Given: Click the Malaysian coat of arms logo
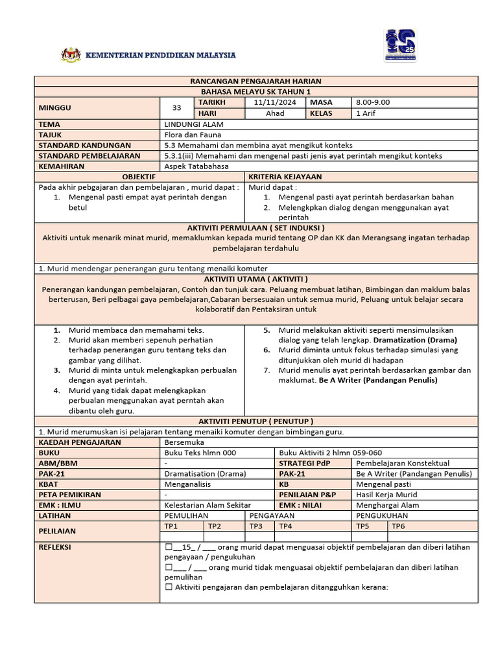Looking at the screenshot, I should pyautogui.click(x=71, y=56).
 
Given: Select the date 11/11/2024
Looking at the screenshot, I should pyautogui.click(x=275, y=102).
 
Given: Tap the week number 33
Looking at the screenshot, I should pyautogui.click(x=176, y=107).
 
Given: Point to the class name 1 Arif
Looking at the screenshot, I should pyautogui.click(x=366, y=113).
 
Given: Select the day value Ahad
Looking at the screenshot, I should pyautogui.click(x=275, y=113).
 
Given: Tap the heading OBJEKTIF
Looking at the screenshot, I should pyautogui.click(x=138, y=177).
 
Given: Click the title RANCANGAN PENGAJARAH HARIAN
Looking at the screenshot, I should pyautogui.click(x=255, y=81).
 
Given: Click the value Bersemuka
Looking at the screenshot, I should pyautogui.click(x=184, y=442).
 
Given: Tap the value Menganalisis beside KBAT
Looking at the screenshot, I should pyautogui.click(x=191, y=484).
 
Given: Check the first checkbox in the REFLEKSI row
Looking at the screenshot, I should pyautogui.click(x=169, y=547).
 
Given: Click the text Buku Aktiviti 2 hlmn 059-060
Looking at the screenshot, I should pyautogui.click(x=330, y=453).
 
